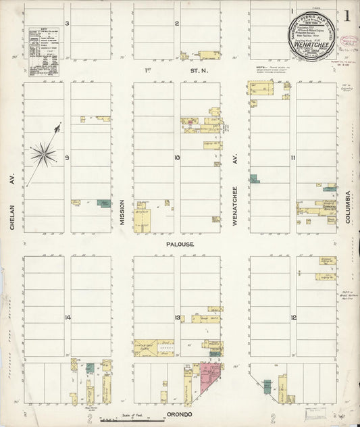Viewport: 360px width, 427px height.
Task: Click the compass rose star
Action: pyautogui.click(x=44, y=155)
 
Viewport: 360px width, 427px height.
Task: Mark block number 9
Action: pyautogui.click(x=68, y=157)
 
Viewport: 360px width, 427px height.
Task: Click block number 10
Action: pyautogui.click(x=177, y=157)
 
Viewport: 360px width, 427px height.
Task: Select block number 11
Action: pyautogui.click(x=293, y=157)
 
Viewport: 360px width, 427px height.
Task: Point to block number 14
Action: pyautogui.click(x=68, y=318)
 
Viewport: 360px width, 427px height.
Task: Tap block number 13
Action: pyautogui.click(x=177, y=318)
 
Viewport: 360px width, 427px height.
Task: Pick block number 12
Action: pyautogui.click(x=293, y=318)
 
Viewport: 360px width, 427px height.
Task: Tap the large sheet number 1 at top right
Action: pyautogui.click(x=346, y=15)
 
